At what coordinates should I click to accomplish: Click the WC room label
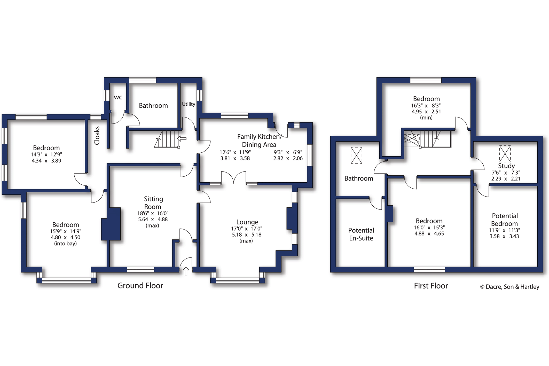(118, 97)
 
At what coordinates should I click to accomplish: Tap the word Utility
(189, 104)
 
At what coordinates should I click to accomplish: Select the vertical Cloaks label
(97, 136)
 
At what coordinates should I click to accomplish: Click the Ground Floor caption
(140, 285)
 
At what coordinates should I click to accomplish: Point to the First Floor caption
(431, 286)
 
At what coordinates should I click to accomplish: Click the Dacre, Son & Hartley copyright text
(509, 287)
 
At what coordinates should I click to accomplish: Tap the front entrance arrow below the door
(186, 271)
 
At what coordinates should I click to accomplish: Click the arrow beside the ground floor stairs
(182, 139)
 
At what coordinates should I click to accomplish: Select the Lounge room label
(247, 222)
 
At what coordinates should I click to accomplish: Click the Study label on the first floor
(506, 166)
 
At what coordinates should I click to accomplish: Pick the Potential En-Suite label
(361, 234)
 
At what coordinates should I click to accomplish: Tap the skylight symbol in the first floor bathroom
(356, 155)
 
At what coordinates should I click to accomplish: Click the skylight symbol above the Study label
(505, 154)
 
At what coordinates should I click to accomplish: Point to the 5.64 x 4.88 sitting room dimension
(153, 219)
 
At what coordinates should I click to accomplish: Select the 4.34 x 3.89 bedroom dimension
(46, 161)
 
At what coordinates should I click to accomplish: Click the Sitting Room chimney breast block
(111, 224)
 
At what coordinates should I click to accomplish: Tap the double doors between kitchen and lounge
(233, 178)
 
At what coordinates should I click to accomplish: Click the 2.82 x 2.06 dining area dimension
(288, 158)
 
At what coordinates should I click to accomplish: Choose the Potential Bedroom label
(505, 220)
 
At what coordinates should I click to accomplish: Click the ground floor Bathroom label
(153, 106)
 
